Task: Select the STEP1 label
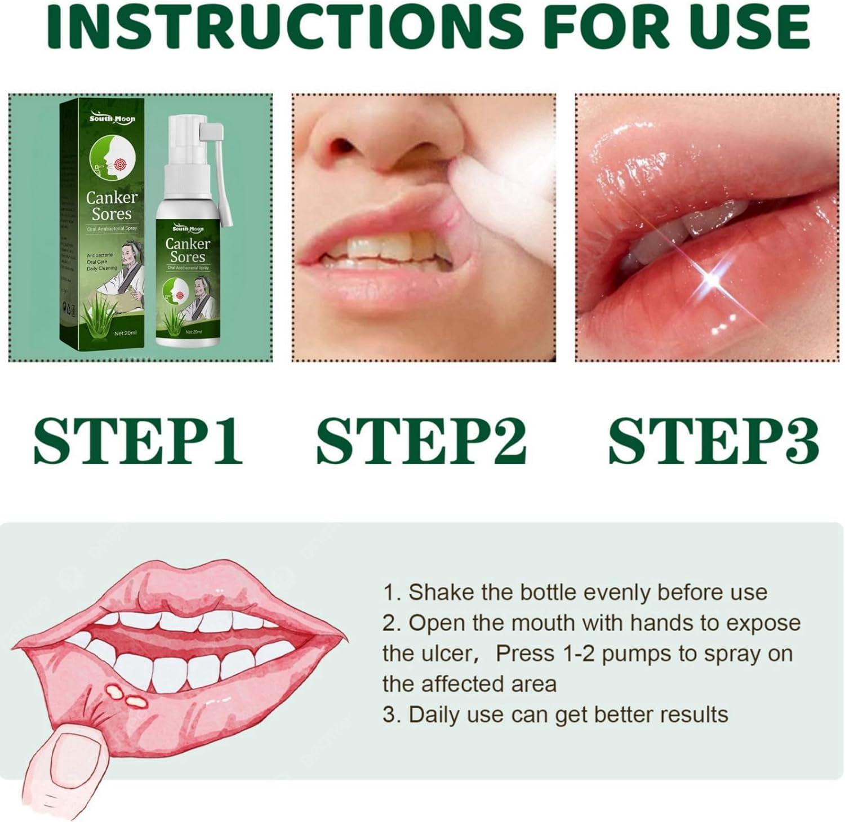tap(138, 441)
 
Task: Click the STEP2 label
tap(421, 441)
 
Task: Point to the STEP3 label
tap(713, 441)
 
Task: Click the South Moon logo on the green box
tap(112, 118)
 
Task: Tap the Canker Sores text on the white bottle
tap(188, 250)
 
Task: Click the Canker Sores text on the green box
tap(112, 206)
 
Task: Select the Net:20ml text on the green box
tap(125, 333)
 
